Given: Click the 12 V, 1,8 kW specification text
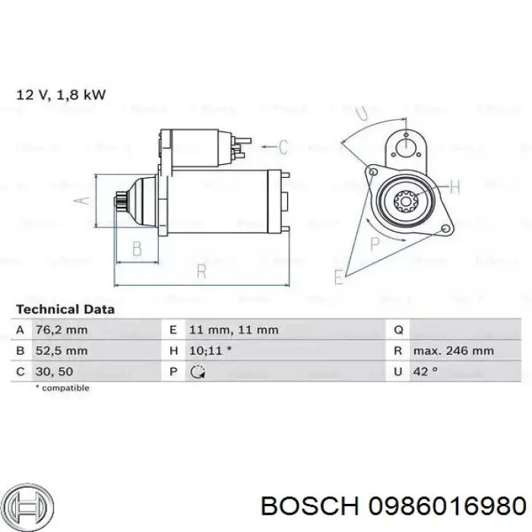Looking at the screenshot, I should [x=61, y=95].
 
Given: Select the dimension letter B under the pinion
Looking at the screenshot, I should [x=137, y=249].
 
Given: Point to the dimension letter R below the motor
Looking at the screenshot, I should [x=201, y=271].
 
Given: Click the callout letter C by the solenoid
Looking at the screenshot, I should [x=283, y=147].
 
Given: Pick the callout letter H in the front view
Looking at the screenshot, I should [x=456, y=187].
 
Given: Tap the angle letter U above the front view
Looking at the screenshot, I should [x=363, y=113].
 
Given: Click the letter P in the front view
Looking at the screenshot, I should [x=374, y=243].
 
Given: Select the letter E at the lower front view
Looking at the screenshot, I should [x=338, y=277].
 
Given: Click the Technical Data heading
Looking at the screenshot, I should [x=65, y=309].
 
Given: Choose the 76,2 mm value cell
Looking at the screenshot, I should [x=62, y=330].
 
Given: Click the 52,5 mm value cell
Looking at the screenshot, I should [x=62, y=350].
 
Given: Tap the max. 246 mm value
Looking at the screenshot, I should [x=454, y=350].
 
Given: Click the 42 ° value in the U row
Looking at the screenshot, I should [x=426, y=371].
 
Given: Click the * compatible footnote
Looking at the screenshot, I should [x=62, y=388].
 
